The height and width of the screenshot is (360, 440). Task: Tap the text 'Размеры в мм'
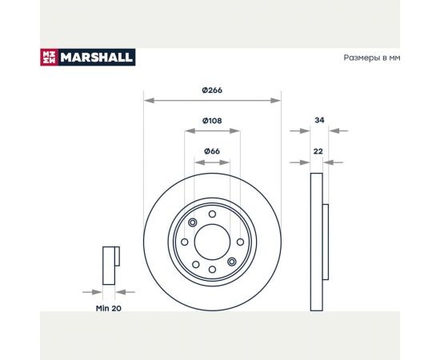click(x=370, y=58)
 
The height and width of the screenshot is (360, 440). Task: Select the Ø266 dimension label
click(x=212, y=90)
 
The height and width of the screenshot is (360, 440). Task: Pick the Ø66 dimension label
click(x=211, y=150)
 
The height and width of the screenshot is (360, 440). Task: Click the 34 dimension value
click(x=319, y=120)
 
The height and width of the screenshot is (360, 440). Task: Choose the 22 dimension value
click(x=318, y=150)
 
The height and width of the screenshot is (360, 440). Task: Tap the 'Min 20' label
click(x=110, y=306)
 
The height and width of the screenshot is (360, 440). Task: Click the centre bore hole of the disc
click(x=211, y=242)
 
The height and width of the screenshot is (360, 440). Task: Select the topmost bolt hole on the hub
click(x=211, y=214)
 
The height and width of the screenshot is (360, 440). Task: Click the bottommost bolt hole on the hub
click(x=211, y=270)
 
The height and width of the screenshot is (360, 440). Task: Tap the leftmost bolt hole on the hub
click(x=185, y=242)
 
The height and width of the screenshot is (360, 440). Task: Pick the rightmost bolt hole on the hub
click(x=238, y=242)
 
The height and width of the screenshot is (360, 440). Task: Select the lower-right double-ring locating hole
click(x=231, y=261)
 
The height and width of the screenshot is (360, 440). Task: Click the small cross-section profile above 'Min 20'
click(x=110, y=265)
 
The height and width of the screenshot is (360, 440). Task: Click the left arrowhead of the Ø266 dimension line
click(x=145, y=101)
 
